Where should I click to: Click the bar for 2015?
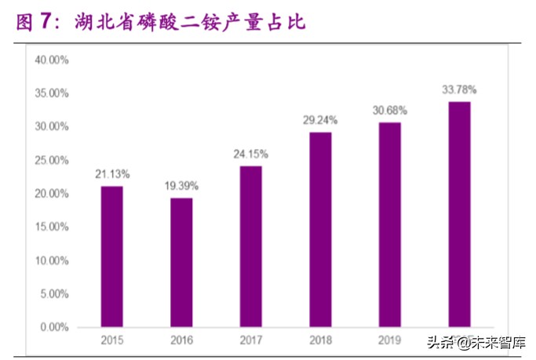[111, 256]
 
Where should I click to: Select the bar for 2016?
[181, 262]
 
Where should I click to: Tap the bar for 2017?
[250, 245]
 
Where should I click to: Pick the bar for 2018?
[320, 229]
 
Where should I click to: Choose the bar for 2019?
[389, 224]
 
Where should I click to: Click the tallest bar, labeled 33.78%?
[459, 213]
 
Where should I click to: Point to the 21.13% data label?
[111, 173]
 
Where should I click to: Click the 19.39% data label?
[181, 186]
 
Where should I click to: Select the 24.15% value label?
[250, 154]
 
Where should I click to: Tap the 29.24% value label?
[320, 120]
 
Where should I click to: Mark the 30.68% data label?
[389, 111]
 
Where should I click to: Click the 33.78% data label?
[459, 89]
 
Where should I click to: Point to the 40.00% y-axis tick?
[53, 60]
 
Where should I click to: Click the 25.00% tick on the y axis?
[53, 160]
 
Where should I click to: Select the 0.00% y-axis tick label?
[55, 326]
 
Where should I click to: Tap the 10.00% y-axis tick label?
[53, 260]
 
